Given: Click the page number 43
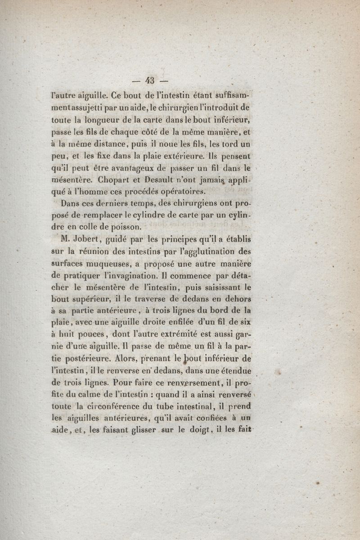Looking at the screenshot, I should pos(150,81).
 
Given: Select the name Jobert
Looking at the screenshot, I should pos(83,238).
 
